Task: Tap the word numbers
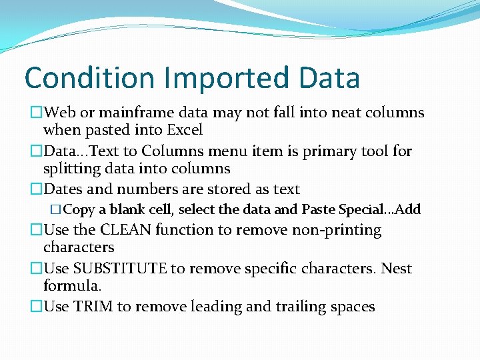click(x=145, y=189)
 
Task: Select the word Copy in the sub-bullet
click(x=79, y=210)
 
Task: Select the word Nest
click(x=397, y=269)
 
